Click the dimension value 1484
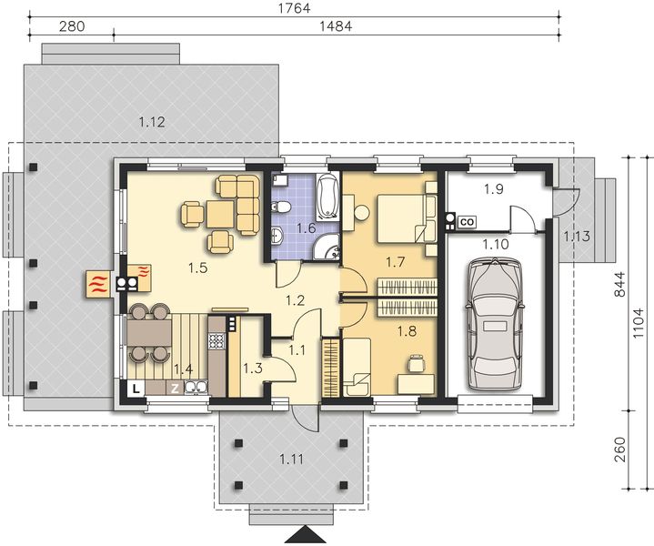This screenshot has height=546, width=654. click(x=337, y=27)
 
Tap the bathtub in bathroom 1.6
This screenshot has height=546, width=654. click(x=328, y=194)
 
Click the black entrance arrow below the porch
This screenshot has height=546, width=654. click(x=303, y=532)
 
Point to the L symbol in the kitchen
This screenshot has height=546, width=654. click(x=135, y=389)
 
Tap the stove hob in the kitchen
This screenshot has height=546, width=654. click(x=218, y=342)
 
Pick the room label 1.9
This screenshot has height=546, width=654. click(x=494, y=189)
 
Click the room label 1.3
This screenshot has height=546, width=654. click(x=253, y=369)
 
